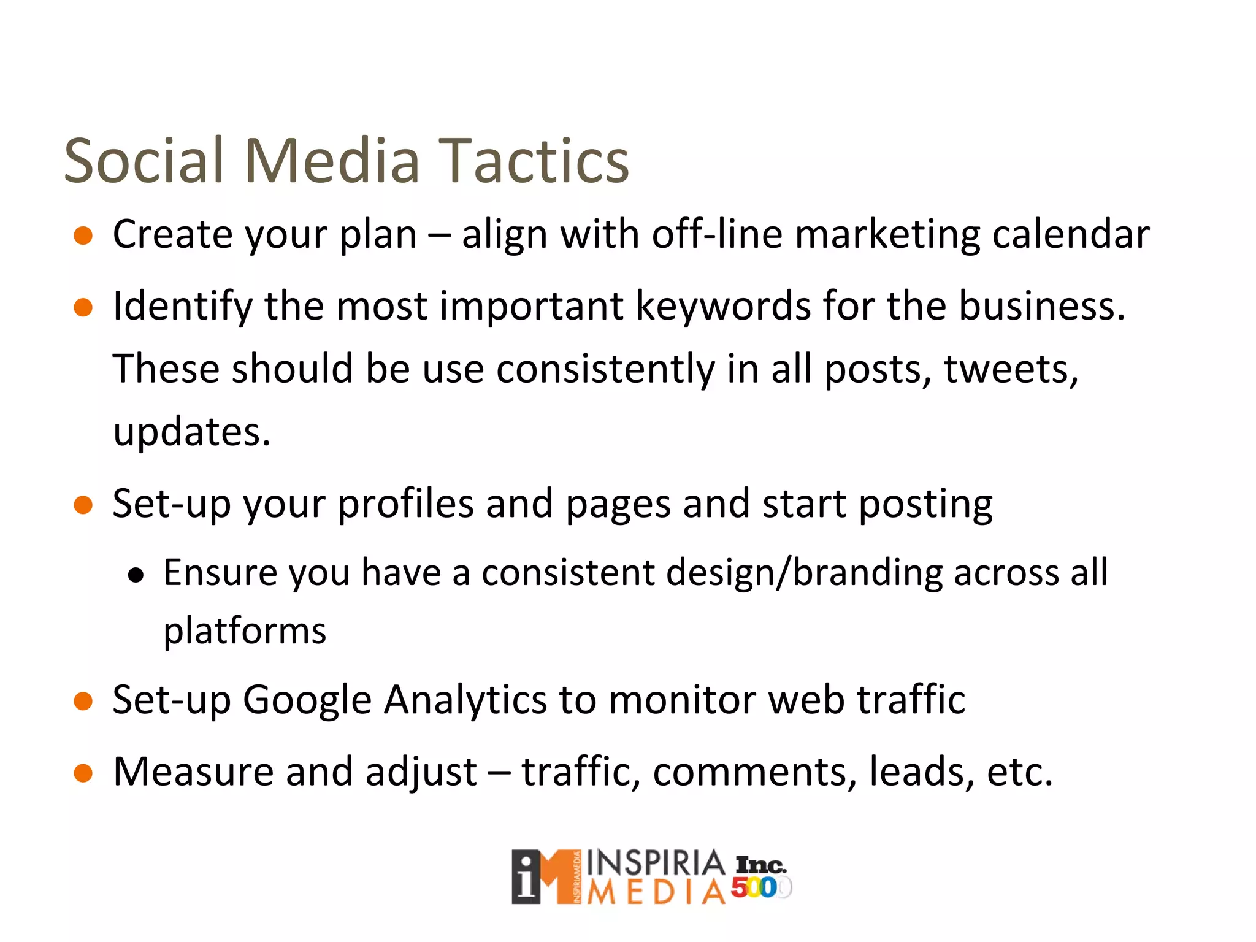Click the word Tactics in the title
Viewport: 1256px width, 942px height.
[534, 161]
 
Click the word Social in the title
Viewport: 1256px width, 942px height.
[145, 161]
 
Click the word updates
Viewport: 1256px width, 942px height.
[191, 432]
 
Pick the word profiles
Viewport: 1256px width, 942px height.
[405, 504]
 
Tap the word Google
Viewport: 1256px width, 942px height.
[307, 700]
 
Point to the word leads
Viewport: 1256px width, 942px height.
[921, 772]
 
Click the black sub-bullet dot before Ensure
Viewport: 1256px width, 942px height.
[136, 575]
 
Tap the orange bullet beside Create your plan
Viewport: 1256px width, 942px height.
[83, 235]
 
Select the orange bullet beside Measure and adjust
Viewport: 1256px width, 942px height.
[83, 773]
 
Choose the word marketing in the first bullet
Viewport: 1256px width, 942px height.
[887, 234]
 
